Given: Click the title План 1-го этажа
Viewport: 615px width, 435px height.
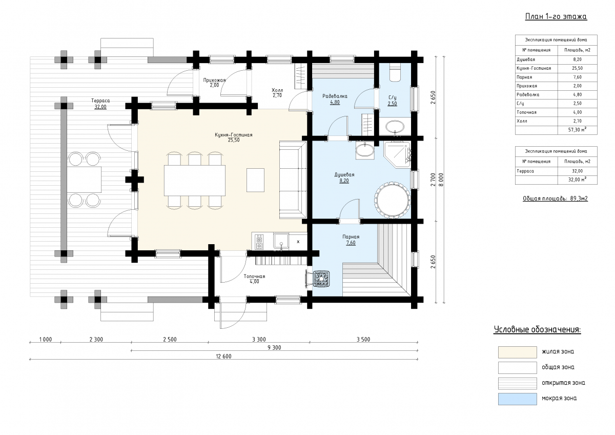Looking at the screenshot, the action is click(x=556, y=16).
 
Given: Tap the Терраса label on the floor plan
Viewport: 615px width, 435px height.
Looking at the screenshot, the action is click(x=100, y=101).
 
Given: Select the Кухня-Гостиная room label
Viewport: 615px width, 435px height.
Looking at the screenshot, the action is click(x=233, y=135).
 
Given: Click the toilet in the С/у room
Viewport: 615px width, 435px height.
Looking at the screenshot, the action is click(x=395, y=72).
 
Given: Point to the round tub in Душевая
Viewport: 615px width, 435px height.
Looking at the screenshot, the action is click(x=393, y=200).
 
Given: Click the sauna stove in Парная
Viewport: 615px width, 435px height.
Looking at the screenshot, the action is click(x=321, y=279).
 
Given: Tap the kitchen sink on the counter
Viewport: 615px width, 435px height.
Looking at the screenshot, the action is click(x=281, y=241).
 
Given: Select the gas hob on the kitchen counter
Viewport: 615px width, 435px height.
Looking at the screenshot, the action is click(x=259, y=242).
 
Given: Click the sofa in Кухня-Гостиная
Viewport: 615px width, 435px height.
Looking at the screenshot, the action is click(x=293, y=180).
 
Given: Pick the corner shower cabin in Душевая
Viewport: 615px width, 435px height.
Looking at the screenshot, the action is click(x=397, y=155).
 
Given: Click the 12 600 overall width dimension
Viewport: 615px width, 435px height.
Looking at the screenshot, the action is click(x=223, y=357).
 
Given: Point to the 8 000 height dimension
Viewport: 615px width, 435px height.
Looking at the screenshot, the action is click(x=441, y=180).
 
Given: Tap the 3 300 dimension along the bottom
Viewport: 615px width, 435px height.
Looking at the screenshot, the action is click(x=259, y=340).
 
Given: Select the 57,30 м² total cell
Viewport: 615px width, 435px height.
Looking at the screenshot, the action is click(x=578, y=130).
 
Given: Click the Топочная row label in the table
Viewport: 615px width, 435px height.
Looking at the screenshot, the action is click(x=527, y=112).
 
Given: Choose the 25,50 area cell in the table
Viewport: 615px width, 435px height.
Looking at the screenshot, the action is click(x=578, y=68).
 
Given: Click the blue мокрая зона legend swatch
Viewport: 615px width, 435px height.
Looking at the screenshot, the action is click(x=518, y=399).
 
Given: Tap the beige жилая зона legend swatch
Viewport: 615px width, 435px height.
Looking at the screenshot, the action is click(x=518, y=352).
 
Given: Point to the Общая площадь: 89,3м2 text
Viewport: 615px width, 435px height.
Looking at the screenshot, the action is click(x=555, y=199).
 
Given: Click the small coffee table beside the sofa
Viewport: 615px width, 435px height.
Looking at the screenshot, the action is click(x=255, y=180).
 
